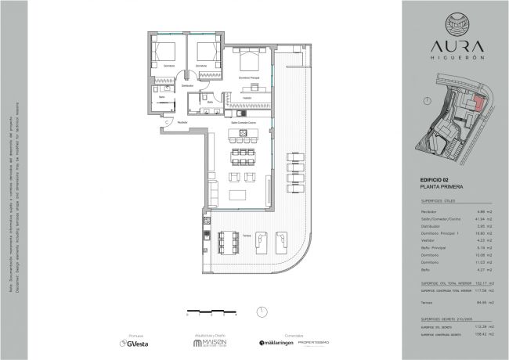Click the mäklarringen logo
point(270,342)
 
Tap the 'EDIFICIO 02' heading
point(434,182)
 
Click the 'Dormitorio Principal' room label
point(249,78)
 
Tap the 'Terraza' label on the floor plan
point(245,234)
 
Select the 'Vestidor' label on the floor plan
point(247,98)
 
